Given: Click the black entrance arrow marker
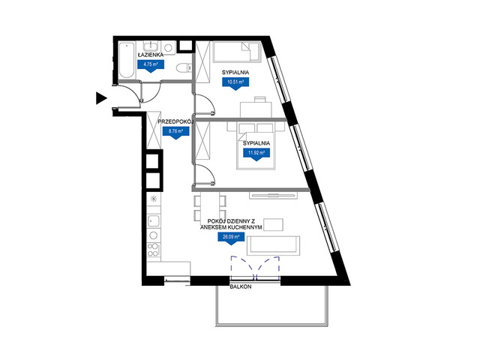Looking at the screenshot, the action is point(101,98).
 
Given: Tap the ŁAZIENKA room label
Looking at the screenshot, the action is point(150,55).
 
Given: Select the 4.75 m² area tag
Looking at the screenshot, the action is point(150,66).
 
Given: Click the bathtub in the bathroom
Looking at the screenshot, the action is point(127,60).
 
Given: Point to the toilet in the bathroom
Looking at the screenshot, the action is point(184,67).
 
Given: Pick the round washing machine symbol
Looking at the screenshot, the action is point(168,47).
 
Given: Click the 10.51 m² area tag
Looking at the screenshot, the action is point(235,83).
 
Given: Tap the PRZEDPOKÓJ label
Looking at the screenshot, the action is point(176,121).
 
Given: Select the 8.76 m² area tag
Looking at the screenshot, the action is point(175,133).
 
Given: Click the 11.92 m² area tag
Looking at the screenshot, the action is point(256,154).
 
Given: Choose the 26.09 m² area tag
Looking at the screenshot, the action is point(231,238).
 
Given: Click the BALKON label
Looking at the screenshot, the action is point(241,286).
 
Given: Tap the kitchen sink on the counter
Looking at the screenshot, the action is point(153,220).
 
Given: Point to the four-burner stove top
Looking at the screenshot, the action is point(153,250).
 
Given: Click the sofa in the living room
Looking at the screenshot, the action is point(273,246).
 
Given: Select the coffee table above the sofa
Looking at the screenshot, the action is point(273,224).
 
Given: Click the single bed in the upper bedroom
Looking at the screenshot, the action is point(237,52).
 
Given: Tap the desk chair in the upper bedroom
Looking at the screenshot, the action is point(260,100).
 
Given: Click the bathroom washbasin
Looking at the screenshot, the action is point(151,46).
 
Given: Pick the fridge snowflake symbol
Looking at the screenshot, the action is point(153,199).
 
